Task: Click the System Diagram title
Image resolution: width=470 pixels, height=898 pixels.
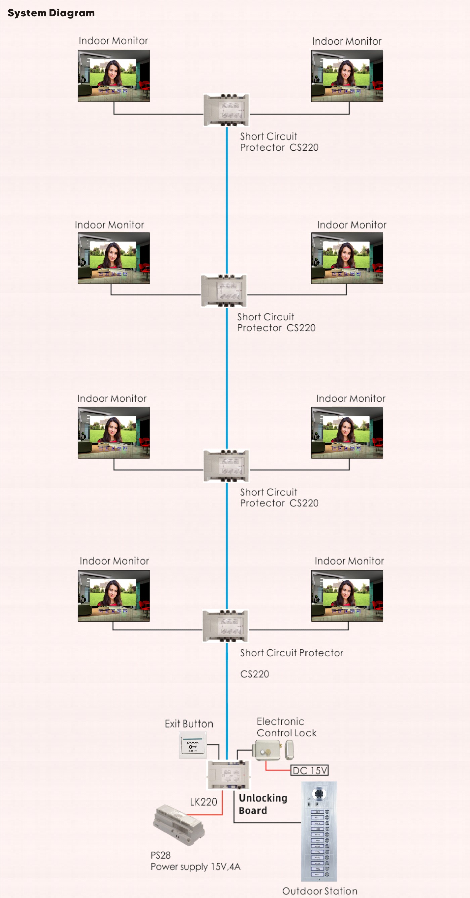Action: tap(51, 13)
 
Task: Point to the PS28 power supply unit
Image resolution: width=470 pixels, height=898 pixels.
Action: tap(179, 824)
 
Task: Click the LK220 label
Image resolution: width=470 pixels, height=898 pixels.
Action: tap(203, 802)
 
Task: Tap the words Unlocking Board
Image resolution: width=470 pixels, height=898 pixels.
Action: tap(263, 804)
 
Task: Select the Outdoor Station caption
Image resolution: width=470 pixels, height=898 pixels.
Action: tap(320, 891)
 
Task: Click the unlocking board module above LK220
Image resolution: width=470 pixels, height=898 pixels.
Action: tap(229, 775)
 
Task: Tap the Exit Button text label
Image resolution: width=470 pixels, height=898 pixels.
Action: tap(189, 724)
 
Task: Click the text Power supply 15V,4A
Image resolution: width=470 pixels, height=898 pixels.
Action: tap(195, 867)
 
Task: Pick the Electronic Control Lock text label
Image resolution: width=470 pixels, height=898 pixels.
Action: tap(286, 727)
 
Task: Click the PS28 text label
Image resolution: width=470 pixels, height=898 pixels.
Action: tap(160, 855)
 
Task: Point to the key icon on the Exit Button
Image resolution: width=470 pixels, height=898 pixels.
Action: tap(192, 746)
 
